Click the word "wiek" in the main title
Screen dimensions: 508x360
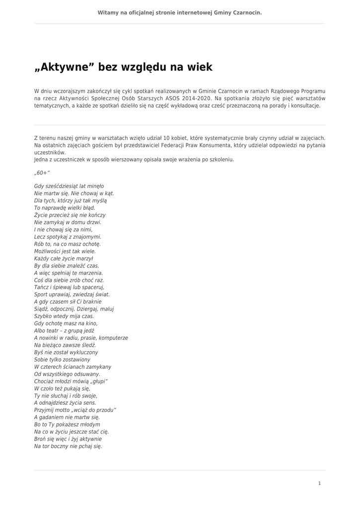199,67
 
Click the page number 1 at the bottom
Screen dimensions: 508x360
319,483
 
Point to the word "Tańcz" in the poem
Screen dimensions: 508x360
42,287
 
